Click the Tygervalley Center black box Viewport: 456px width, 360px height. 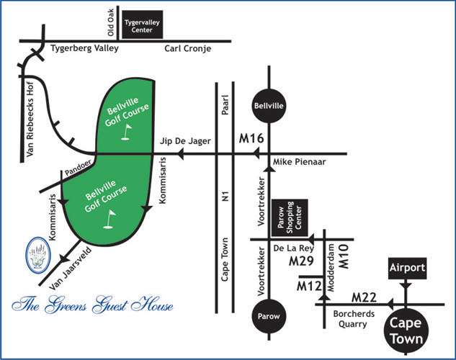pos(143,27)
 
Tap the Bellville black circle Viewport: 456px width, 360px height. pos(268,107)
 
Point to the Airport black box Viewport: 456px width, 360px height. pos(408,268)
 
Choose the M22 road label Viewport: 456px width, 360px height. pos(365,297)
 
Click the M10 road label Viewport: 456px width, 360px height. pos(344,256)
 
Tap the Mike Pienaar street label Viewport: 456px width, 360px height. pos(300,163)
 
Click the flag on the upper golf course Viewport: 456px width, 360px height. pos(128,132)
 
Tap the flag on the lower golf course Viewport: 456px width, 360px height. pos(112,217)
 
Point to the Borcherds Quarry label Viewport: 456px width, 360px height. pos(351,319)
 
